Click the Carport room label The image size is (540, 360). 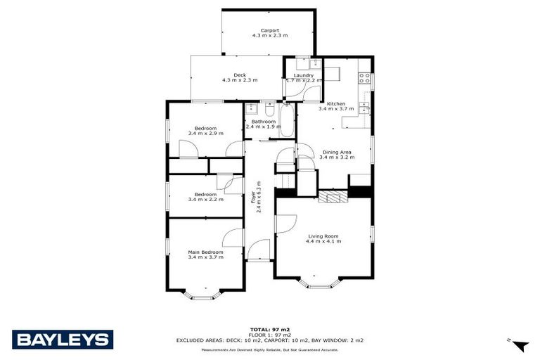(270, 30)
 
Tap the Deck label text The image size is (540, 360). (240, 75)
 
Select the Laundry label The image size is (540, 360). (304, 75)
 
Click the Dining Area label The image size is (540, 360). (337, 152)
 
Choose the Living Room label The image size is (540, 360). (323, 236)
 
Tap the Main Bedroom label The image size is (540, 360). (205, 252)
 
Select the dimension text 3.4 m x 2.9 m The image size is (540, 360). (205, 134)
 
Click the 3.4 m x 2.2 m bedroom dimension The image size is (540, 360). (205, 200)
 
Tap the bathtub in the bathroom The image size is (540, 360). (287, 121)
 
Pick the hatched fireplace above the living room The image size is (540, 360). (333, 196)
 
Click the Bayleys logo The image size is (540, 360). (62, 340)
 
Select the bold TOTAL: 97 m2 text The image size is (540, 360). (270, 329)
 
